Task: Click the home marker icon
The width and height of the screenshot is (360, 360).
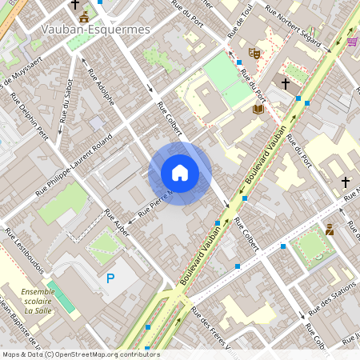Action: click(180, 173)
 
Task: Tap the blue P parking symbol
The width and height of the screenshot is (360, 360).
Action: click(110, 278)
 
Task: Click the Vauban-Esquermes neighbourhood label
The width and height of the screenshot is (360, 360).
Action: click(94, 30)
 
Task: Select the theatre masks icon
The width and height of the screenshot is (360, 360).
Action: click(255, 54)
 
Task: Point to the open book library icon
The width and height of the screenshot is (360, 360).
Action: click(258, 109)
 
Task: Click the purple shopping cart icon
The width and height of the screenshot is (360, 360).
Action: click(352, 42)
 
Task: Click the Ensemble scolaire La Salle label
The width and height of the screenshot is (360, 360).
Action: click(38, 301)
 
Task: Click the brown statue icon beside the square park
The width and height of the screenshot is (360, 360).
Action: click(329, 230)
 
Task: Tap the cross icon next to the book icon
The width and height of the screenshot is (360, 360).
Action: click(285, 82)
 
